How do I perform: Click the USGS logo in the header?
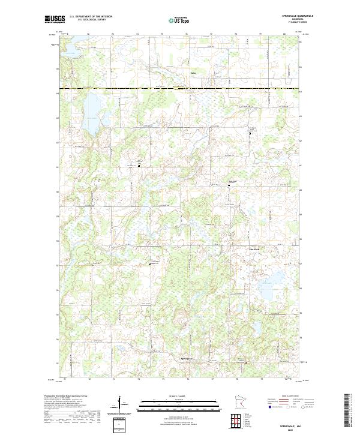(x=55, y=19)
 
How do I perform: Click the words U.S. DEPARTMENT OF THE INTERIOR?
(x=91, y=17)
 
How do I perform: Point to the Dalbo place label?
(x=193, y=73)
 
